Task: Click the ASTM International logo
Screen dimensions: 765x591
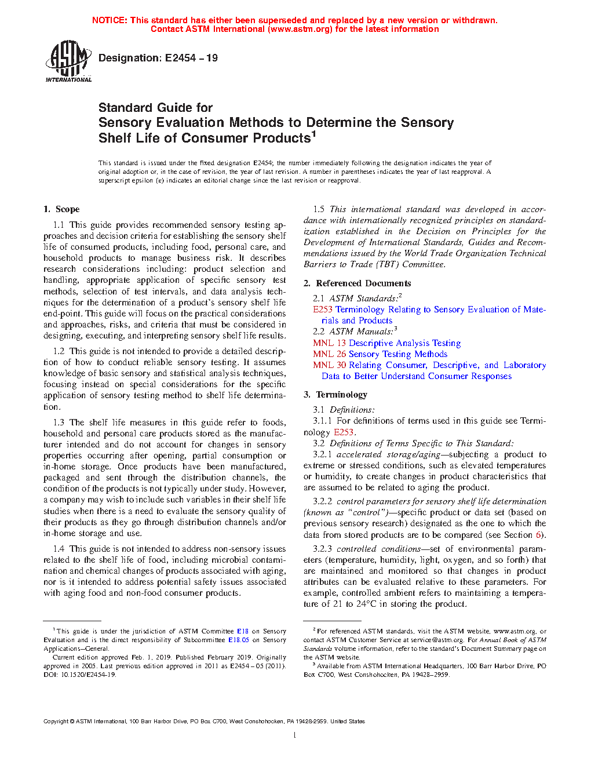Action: point(68,60)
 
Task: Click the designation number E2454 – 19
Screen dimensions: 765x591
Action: point(191,58)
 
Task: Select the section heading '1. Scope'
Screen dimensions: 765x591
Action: point(61,209)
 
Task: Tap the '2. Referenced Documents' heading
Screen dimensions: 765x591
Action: point(357,283)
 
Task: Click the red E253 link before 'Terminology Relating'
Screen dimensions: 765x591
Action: point(323,309)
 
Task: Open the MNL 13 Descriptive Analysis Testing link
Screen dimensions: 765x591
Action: point(386,343)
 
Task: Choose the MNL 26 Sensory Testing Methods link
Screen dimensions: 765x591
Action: point(380,354)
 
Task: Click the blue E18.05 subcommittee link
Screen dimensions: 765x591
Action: point(238,640)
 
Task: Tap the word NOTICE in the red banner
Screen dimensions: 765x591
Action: point(110,20)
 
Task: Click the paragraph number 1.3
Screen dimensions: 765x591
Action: point(59,422)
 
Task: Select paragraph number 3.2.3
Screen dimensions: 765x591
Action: point(322,549)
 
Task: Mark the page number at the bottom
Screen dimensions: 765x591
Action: point(295,735)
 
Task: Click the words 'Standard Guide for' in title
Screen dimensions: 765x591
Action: point(155,108)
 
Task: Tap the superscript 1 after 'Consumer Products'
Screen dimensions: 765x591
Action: point(313,134)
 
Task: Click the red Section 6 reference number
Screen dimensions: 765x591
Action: point(538,535)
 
